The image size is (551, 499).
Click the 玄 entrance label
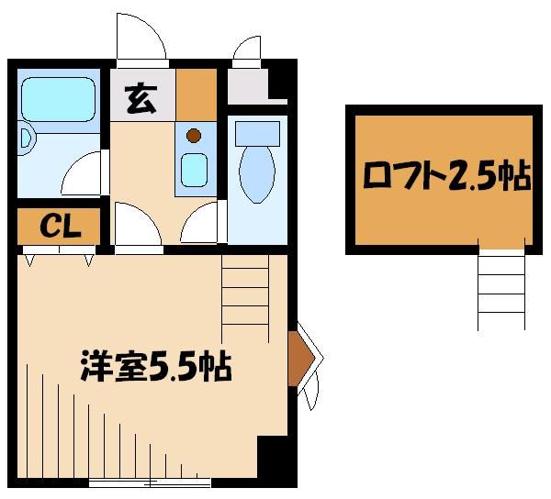click(141, 95)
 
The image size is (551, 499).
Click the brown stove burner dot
click(194, 136)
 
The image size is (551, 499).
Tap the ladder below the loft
click(500, 289)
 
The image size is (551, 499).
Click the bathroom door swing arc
click(84, 172)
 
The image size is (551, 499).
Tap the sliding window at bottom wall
click(149, 480)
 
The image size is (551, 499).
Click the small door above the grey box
click(247, 51)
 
